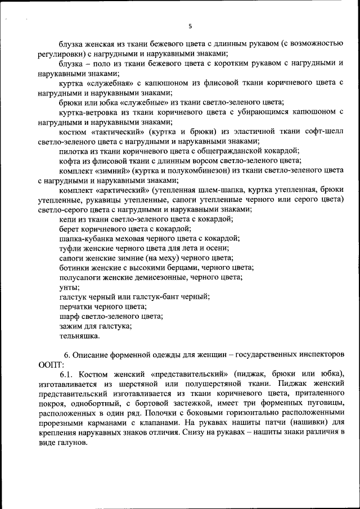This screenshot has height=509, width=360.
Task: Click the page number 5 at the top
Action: [190, 26]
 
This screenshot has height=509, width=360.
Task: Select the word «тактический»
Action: [115, 131]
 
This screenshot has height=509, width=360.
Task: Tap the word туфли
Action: [71, 248]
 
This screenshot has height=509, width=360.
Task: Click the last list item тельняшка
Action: [79, 336]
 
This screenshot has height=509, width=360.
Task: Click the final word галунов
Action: [71, 443]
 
